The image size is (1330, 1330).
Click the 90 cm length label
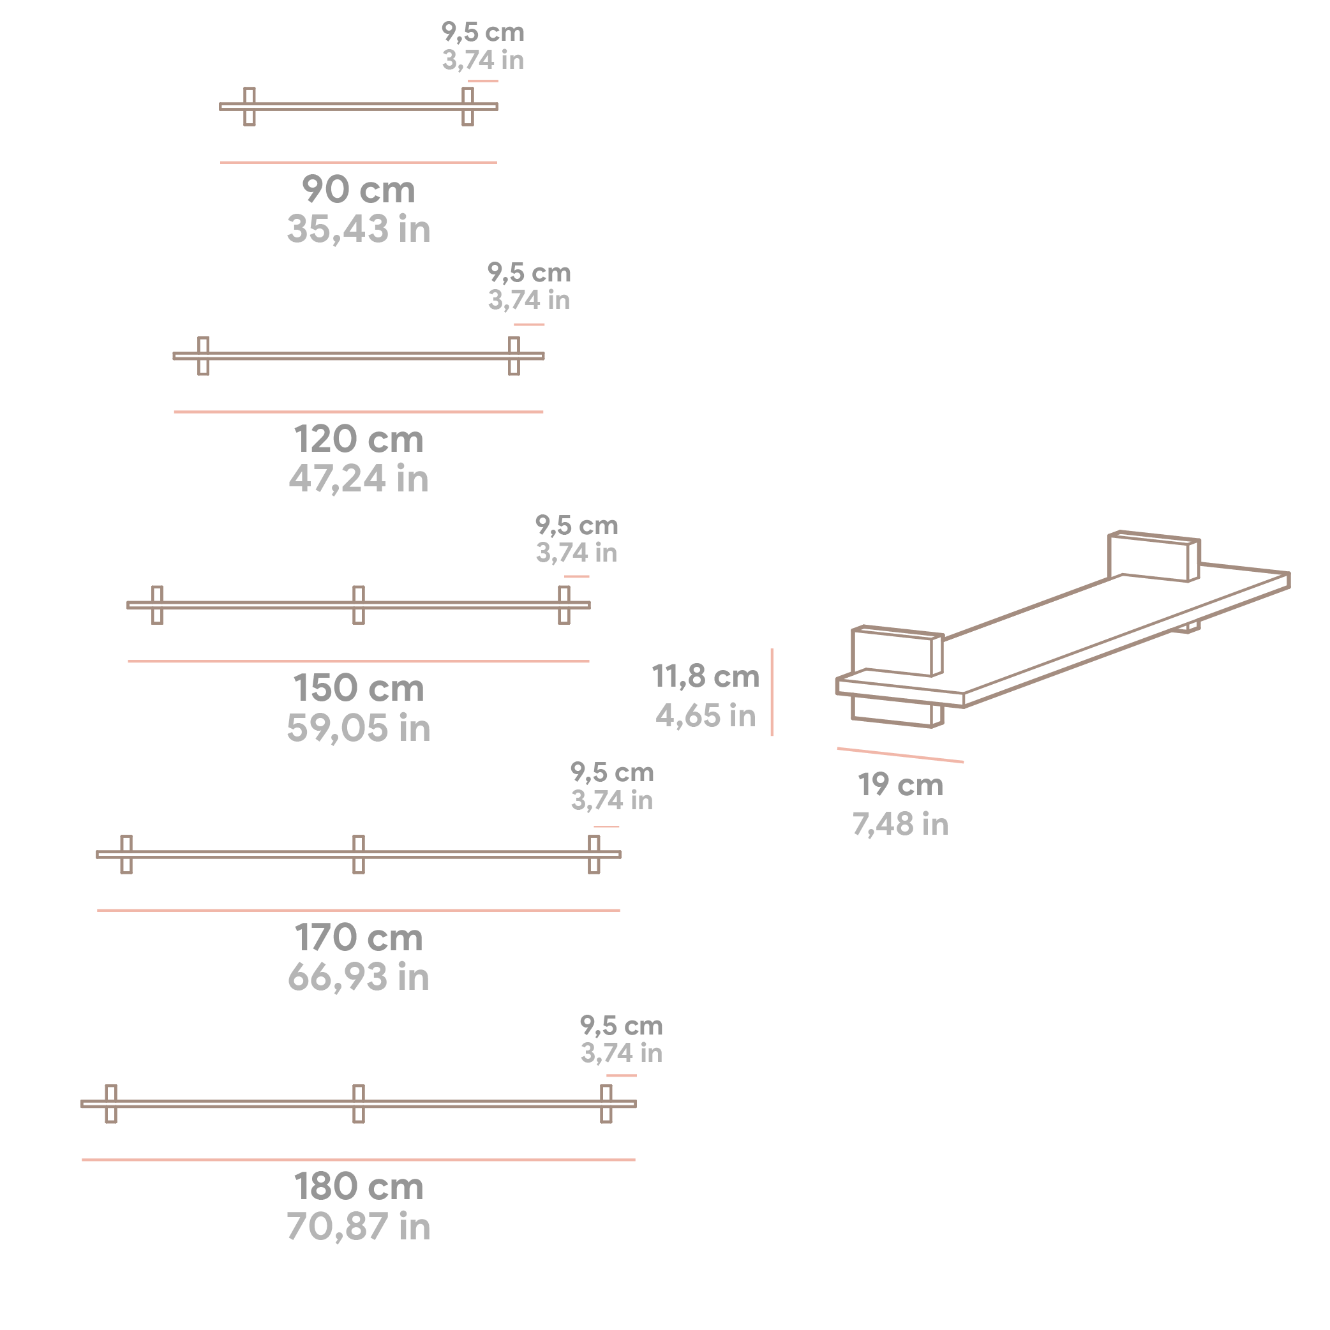click(358, 190)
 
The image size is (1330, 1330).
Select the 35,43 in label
click(358, 228)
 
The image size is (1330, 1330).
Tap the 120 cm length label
click(358, 439)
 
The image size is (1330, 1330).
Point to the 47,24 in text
click(358, 479)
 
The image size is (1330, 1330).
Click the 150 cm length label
click(358, 689)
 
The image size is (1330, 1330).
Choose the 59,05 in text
click(358, 728)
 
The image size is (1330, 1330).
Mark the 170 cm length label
click(358, 938)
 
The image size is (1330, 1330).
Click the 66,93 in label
click(358, 977)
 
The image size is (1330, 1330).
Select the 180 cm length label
click(358, 1187)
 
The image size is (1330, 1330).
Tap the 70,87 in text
click(358, 1227)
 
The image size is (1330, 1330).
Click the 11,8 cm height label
click(706, 676)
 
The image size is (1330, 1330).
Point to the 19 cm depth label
click(900, 785)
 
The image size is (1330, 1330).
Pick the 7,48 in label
click(900, 824)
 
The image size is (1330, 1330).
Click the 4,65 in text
click(706, 716)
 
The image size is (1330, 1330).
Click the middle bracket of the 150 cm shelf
click(359, 605)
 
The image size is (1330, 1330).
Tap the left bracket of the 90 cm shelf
click(249, 107)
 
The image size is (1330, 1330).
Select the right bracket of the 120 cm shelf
click(514, 356)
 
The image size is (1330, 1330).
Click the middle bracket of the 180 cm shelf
click(359, 1103)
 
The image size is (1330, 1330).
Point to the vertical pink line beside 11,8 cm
click(772, 692)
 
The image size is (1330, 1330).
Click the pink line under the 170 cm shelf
click(358, 910)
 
